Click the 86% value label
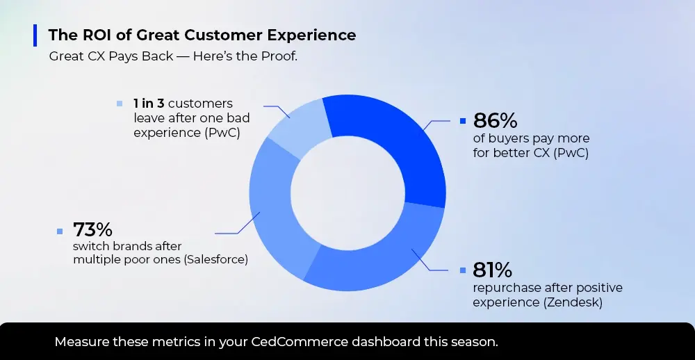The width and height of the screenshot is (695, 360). [x=495, y=120]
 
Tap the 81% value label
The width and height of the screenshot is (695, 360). [x=492, y=270]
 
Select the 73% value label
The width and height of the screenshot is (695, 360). [x=92, y=229]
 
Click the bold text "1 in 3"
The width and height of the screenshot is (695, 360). [x=149, y=104]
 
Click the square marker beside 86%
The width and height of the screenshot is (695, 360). [x=463, y=121]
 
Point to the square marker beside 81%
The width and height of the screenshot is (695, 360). [x=463, y=270]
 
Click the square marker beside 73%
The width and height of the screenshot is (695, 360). [x=60, y=231]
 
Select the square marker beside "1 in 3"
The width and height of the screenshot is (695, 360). [x=120, y=104]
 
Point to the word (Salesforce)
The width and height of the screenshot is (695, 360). [x=215, y=259]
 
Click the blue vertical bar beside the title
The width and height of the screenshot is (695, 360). [x=35, y=35]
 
